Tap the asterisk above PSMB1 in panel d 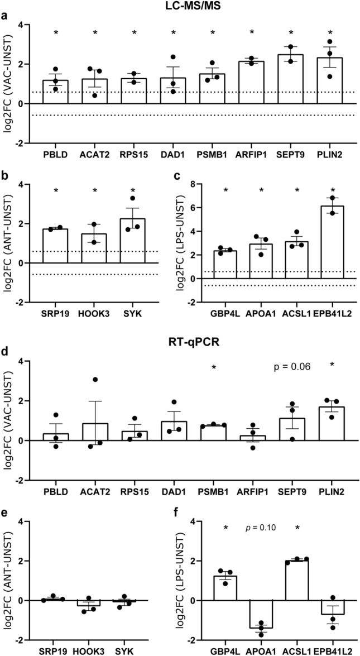pos(215,367)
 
